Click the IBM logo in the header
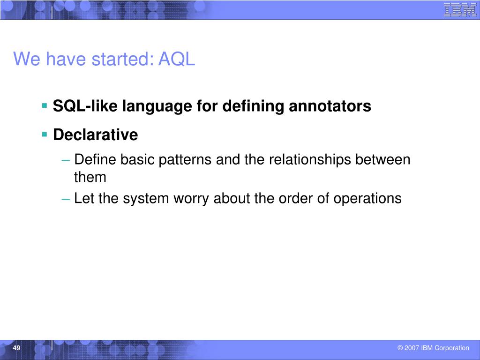pos(460,9)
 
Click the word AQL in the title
pos(177,59)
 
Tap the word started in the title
pos(122,59)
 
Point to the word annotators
pos(330,106)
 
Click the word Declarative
pos(96,135)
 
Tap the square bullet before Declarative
pos(45,135)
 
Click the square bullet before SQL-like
pos(45,106)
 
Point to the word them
pos(90,177)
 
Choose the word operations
pos(367,199)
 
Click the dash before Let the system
pos(66,199)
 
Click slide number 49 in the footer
pos(16,348)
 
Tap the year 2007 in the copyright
pos(412,348)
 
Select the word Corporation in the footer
pos(452,348)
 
